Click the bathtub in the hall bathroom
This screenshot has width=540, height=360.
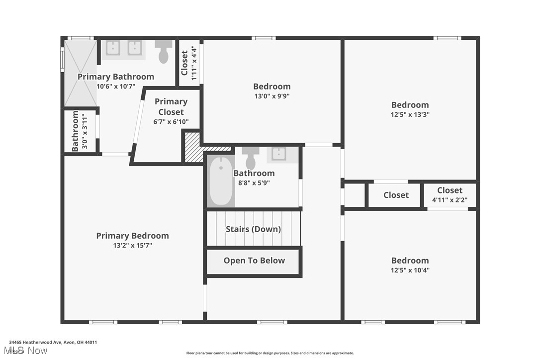(x=221, y=181)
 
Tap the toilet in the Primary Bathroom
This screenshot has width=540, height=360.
(x=164, y=52)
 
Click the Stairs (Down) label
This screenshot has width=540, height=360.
(x=253, y=229)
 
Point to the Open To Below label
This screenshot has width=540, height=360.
(x=254, y=261)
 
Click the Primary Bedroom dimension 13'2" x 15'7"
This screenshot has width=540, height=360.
(x=132, y=246)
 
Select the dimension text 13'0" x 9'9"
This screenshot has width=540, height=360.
(x=271, y=96)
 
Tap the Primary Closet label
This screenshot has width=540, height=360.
(x=171, y=107)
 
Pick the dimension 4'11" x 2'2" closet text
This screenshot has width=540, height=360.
(x=450, y=200)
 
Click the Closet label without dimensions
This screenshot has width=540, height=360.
(x=396, y=195)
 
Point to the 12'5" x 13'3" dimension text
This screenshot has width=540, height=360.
(x=410, y=114)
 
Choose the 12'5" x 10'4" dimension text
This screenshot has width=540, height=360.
(x=410, y=270)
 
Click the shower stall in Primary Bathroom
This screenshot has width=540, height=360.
(x=80, y=73)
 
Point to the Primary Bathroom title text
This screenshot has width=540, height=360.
(x=116, y=77)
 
